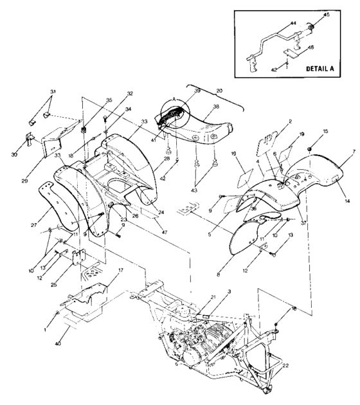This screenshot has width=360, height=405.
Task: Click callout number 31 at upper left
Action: pos(53,92)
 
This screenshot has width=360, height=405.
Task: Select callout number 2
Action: pos(273,121)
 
